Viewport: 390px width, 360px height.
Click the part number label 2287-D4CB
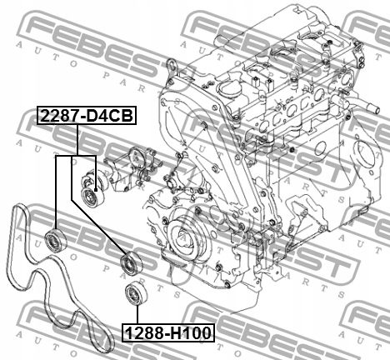[84, 117]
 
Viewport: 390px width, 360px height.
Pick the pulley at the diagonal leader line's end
[130, 264]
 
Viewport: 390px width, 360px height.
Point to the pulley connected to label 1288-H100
[130, 294]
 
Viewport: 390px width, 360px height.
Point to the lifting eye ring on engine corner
[172, 66]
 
